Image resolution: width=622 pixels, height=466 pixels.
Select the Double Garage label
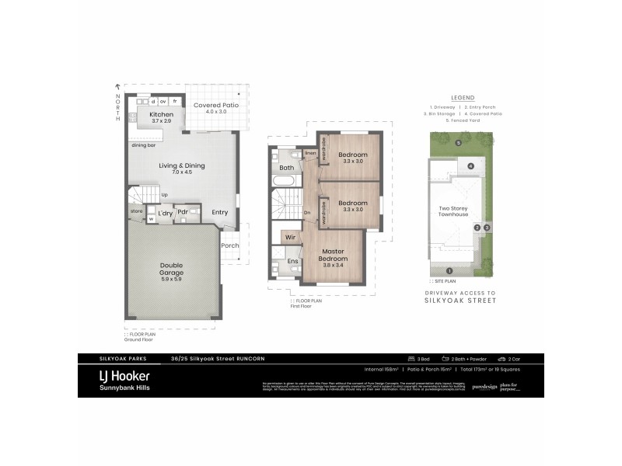coord(172,269)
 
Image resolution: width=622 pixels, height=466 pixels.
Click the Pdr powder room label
coord(183,212)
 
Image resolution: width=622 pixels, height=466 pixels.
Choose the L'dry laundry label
coord(165,212)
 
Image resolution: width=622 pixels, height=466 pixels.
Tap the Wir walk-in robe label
coord(289,236)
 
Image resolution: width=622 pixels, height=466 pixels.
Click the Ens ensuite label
coord(293,262)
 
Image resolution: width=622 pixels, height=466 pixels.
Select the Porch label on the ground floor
coord(230,245)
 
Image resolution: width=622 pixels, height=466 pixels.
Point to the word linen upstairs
coord(309,153)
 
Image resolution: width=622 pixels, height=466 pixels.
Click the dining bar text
coord(143,145)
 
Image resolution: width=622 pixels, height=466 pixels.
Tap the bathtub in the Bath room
coord(283,181)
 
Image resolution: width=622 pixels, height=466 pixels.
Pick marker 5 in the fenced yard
coord(459,143)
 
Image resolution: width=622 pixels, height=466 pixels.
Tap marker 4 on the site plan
coord(470,167)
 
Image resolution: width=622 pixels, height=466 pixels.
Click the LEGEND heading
coord(461,97)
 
